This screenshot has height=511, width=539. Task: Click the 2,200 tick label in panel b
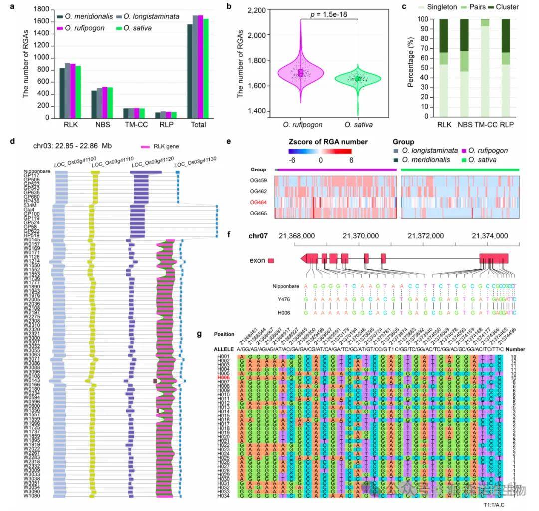click(253, 10)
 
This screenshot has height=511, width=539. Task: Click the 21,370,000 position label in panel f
click(358, 235)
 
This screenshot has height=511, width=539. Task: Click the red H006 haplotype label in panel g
click(223, 378)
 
